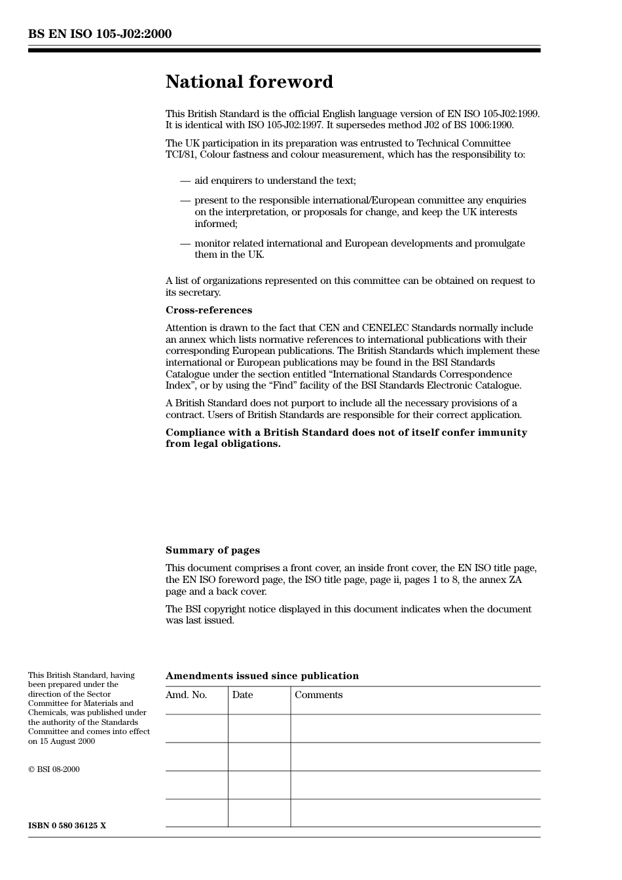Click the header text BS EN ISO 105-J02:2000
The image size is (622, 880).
[100, 34]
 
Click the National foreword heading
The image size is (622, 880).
[249, 82]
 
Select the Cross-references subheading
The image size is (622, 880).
[208, 310]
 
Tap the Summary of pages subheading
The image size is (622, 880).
[212, 550]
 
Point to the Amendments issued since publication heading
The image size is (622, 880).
[262, 676]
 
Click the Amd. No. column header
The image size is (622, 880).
[186, 695]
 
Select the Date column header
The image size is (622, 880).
[242, 695]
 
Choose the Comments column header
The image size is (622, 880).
[318, 695]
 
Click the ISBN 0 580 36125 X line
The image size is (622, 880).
[67, 826]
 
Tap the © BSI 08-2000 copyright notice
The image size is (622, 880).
[54, 769]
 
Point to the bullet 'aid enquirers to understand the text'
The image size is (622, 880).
[275, 181]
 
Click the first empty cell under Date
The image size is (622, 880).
[259, 728]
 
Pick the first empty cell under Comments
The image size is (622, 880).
[415, 728]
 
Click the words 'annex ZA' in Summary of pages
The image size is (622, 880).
[502, 580]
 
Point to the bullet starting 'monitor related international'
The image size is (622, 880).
[359, 249]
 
